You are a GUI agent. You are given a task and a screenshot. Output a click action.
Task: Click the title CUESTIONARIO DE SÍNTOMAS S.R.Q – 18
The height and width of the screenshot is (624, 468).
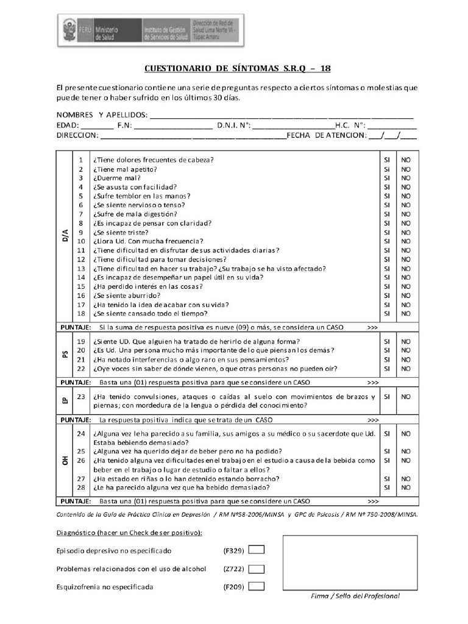pos(237,68)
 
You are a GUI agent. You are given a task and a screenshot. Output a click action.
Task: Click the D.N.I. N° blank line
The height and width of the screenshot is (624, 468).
pos(292,126)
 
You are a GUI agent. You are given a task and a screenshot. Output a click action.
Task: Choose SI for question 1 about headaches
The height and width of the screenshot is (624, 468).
pos(386,160)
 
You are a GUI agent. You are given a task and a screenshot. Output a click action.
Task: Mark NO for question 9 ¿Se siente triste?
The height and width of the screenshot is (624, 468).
pos(406,232)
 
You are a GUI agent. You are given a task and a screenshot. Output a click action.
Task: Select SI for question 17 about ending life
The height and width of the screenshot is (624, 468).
pos(386,305)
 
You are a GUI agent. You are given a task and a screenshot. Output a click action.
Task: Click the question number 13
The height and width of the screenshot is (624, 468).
pos(80,268)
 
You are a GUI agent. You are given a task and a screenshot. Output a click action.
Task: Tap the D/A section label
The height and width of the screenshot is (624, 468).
pos(65,236)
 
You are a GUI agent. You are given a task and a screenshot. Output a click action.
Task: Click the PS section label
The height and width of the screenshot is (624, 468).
pos(65,355)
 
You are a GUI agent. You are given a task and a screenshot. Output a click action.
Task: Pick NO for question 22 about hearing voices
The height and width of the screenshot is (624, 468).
pos(406,369)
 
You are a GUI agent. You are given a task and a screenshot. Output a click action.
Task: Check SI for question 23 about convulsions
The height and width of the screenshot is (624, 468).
pos(386,396)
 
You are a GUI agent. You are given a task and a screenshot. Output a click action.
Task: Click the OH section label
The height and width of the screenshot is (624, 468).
pos(65,461)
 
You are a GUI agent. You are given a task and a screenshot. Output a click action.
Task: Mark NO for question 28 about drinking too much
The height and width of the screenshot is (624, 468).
pos(406,487)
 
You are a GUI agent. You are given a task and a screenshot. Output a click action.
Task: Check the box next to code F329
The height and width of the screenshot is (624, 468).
pos(257,550)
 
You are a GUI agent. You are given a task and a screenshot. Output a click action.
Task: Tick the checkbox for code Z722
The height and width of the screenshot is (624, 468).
pos(257,569)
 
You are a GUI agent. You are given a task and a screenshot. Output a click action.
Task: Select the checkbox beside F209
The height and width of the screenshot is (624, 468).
pos(257,587)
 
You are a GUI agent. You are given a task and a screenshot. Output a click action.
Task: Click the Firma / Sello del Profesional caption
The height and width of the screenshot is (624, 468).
pos(355,595)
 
